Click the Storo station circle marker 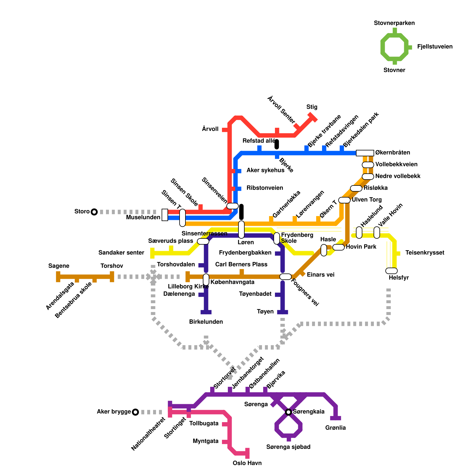pos(94,212)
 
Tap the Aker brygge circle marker pos(135,412)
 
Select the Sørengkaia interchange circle pos(288,412)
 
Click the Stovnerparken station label pos(394,23)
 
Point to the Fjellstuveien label pos(434,47)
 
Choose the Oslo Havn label pos(247,463)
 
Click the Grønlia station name pos(335,428)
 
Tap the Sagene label pos(59,266)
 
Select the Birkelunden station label pos(206,322)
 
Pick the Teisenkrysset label pos(424,253)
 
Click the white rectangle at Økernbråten pos(365,153)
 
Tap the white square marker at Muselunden pos(165,215)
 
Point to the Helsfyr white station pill pos(391,271)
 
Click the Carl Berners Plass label pos(241,264)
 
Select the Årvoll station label pos(210,129)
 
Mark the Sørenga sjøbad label pos(288,447)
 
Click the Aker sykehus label pos(265,170)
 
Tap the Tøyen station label pos(265,311)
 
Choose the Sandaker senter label pos(121,253)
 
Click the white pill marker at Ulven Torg pos(344,200)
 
